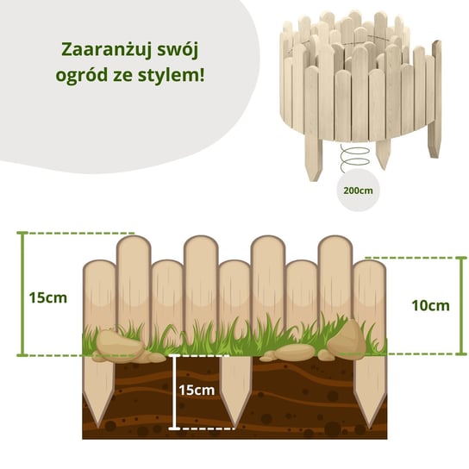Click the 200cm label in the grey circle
pos(358,191)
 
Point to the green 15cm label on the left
pos(48,298)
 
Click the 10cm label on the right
pos(430,306)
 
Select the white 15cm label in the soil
pos(197,391)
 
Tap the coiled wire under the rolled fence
pos(354,158)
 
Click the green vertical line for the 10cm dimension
pos(462,306)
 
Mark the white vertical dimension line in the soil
pos(174,392)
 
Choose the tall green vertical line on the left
pos(22,294)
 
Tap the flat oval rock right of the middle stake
pos(295,352)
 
